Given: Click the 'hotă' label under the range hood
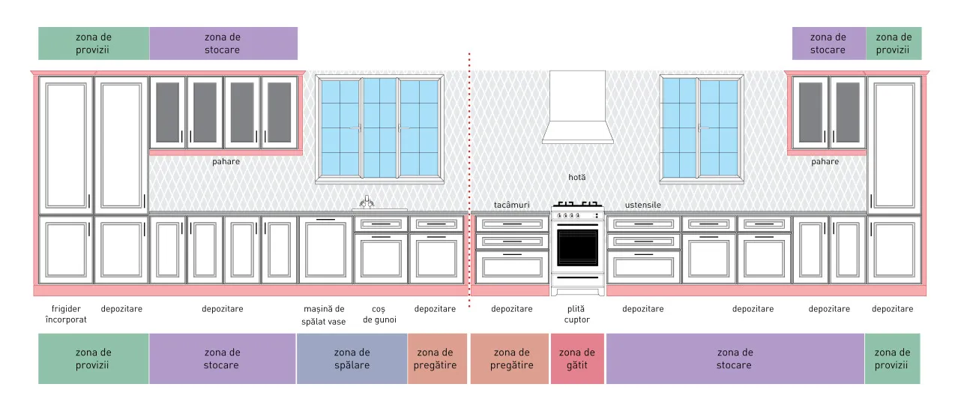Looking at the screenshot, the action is (577, 177).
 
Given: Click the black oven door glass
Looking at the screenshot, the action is (577, 247).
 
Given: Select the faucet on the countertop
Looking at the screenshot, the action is (367, 202).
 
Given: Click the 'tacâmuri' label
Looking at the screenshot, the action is (511, 205).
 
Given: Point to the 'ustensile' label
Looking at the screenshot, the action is (643, 205).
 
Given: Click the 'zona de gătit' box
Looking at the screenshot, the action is (577, 358).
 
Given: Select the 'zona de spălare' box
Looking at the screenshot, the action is (352, 358).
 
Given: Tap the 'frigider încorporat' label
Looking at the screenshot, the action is (66, 314).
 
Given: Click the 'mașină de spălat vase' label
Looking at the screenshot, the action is (324, 315).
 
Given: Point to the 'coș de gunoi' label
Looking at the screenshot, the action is (379, 314).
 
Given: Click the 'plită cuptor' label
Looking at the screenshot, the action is (576, 314).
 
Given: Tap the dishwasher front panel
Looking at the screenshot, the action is (326, 250).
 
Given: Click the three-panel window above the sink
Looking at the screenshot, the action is (380, 128).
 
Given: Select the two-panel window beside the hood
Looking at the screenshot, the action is (702, 128).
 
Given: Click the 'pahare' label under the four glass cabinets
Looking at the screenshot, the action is (226, 162).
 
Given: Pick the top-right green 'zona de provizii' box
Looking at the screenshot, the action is (894, 43).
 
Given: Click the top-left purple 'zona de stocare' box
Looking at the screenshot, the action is (223, 43).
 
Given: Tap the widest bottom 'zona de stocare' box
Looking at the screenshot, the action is (735, 358).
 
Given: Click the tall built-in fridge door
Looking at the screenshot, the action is (66, 145).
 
